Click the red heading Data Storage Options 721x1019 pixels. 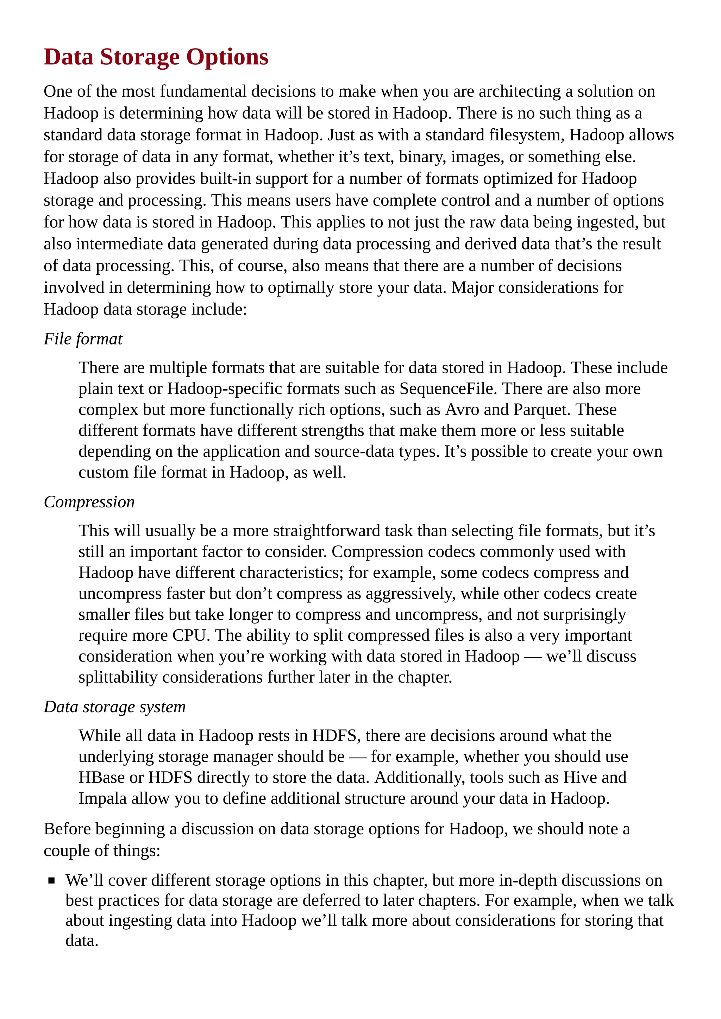pos(156,57)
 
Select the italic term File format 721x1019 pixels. pos(83,339)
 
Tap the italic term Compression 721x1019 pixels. pos(89,502)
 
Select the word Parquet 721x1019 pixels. pos(541,410)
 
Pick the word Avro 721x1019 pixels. pos(462,410)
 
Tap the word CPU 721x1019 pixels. pos(191,635)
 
